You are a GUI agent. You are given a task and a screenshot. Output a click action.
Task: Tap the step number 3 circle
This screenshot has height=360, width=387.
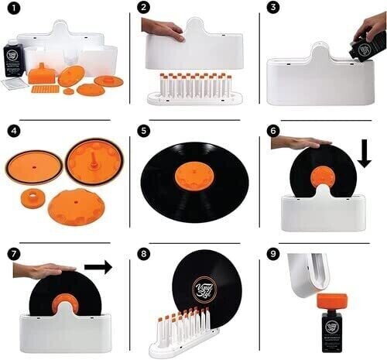[x=273, y=9]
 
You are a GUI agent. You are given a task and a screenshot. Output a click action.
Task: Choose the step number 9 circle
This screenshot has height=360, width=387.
[x=273, y=252]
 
